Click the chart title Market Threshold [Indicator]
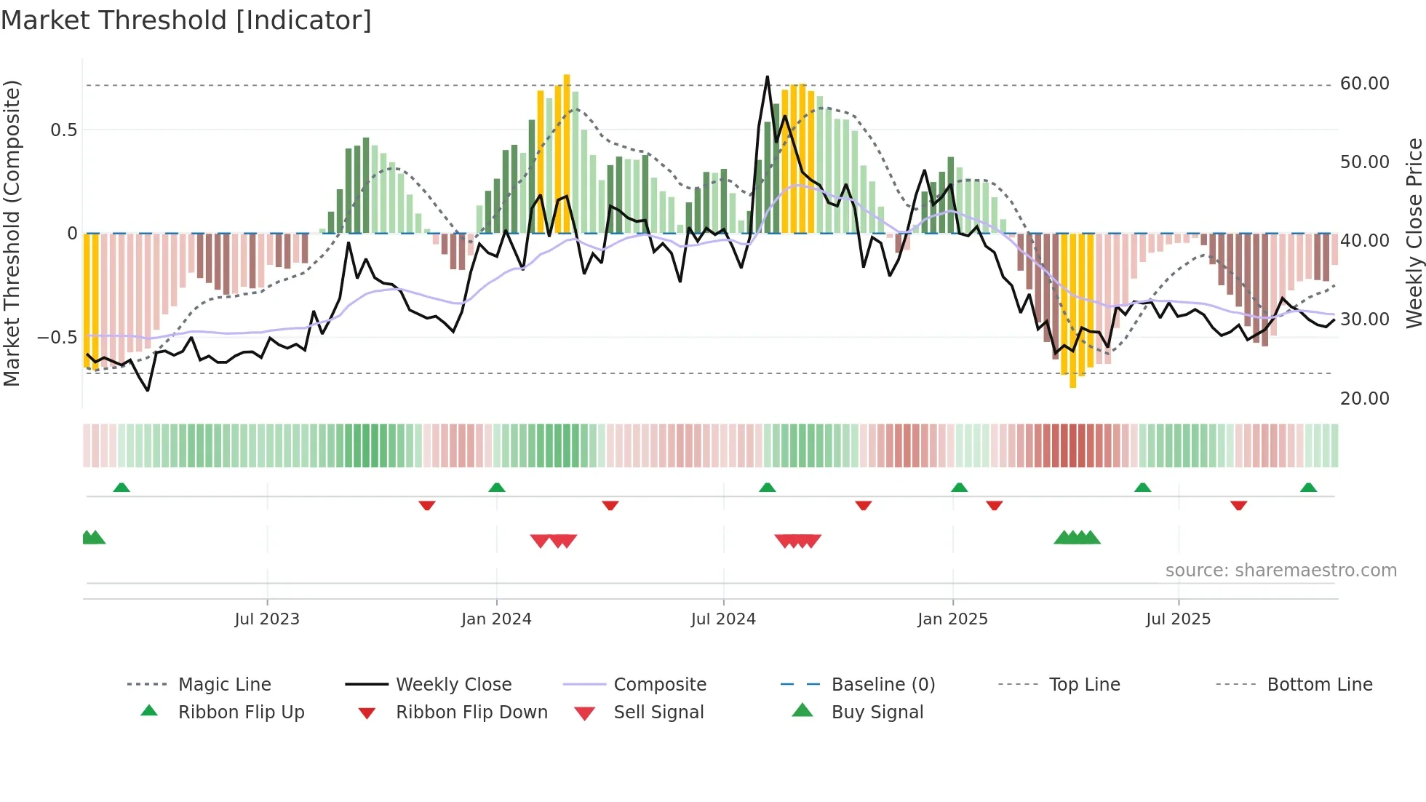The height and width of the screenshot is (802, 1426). [x=186, y=20]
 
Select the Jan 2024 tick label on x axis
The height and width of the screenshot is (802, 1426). [x=496, y=619]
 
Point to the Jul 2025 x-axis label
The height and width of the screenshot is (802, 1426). [x=1178, y=619]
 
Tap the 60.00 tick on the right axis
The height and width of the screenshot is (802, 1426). [x=1364, y=84]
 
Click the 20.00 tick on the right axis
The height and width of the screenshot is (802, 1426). [x=1364, y=399]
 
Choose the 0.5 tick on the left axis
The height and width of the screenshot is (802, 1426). [x=63, y=130]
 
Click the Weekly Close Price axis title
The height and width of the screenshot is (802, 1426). [x=1414, y=233]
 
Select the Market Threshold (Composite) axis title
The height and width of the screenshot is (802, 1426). [x=12, y=233]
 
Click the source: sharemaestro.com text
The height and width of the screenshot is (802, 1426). [x=1280, y=571]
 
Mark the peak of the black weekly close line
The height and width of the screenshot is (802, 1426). [x=767, y=76]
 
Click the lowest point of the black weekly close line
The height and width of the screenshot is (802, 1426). [x=148, y=391]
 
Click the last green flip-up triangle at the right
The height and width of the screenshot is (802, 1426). [x=1308, y=488]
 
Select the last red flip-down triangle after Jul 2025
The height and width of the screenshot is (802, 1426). [x=1238, y=505]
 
